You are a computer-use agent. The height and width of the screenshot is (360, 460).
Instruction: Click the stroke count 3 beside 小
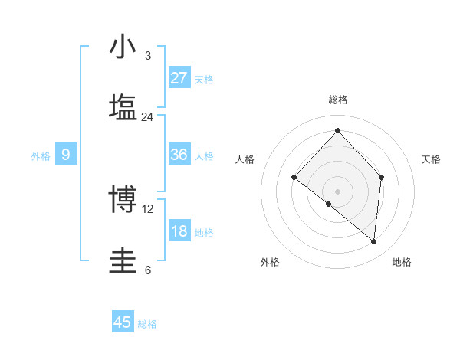click(147, 56)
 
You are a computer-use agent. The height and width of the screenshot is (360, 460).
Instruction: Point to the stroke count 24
click(147, 116)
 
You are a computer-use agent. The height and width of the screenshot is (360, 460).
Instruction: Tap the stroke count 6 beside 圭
click(147, 270)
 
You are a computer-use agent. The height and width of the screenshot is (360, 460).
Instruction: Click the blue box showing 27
click(179, 78)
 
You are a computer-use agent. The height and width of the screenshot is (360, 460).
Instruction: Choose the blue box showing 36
click(179, 155)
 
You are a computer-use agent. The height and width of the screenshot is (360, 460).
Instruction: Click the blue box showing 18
click(179, 231)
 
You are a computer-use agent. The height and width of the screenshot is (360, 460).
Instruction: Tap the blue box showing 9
click(66, 155)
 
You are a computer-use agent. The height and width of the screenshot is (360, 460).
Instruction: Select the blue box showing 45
click(123, 322)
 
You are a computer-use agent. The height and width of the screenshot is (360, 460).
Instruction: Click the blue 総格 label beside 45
click(147, 324)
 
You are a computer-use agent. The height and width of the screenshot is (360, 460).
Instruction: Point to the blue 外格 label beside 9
click(41, 156)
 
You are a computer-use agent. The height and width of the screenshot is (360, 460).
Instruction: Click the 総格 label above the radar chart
click(337, 100)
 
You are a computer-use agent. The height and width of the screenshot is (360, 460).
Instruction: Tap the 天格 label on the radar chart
click(431, 159)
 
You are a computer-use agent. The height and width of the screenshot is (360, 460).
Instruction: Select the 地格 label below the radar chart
click(402, 262)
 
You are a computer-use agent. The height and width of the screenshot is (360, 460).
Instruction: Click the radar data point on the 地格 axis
click(374, 242)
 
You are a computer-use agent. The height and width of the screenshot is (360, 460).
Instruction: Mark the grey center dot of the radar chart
click(337, 191)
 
